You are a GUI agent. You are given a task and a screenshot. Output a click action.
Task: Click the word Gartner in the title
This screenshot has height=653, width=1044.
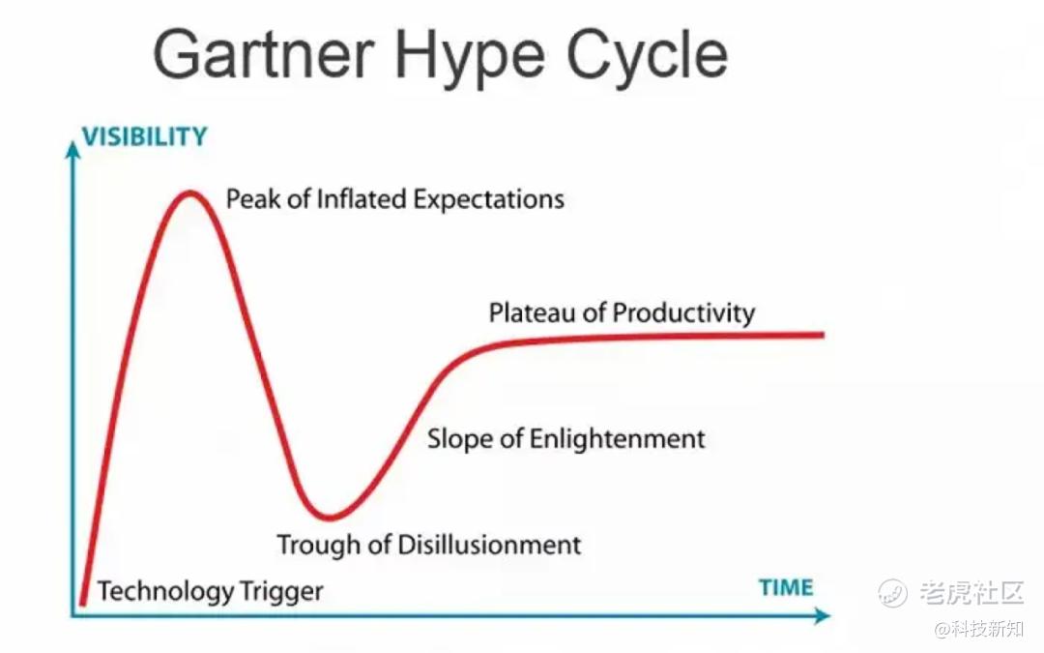pos(264,54)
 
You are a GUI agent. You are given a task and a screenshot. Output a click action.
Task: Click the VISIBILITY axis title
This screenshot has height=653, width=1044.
pos(144,136)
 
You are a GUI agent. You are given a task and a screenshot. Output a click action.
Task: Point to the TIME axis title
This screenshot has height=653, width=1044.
pos(786,588)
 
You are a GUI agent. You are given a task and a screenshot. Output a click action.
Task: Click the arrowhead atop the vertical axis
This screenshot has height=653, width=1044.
pos(73,150)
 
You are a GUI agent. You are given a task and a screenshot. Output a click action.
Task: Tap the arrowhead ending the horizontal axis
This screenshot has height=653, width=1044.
pos(823,615)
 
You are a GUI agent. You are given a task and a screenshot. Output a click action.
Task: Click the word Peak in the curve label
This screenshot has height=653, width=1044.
pos(253,199)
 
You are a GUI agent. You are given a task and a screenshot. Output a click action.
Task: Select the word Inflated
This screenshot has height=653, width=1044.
pos(361,199)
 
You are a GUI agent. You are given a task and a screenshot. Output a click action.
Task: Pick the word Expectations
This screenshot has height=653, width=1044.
pos(489,200)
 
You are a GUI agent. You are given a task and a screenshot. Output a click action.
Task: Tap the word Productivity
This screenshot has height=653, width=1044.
pos(683,313)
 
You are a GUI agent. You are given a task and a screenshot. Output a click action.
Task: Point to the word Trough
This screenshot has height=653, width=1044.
pos(320,546)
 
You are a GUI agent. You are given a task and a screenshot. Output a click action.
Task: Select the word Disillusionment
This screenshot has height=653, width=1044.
pos(489,545)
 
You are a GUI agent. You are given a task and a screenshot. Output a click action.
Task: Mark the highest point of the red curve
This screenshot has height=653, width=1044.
pos(190,193)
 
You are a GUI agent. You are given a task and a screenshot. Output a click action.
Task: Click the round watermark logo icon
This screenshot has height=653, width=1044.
pos(891,592)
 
